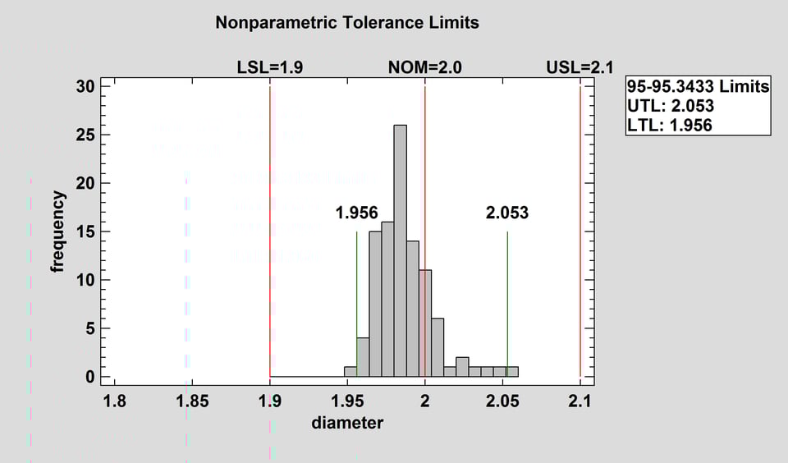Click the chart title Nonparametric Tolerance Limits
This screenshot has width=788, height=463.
tap(346, 22)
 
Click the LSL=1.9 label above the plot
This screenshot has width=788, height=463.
tap(270, 68)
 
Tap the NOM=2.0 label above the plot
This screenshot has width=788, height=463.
tap(424, 68)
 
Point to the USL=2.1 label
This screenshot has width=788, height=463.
tap(580, 68)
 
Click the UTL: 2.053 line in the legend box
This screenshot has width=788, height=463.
tap(670, 105)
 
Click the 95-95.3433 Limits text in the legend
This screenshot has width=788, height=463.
tap(698, 86)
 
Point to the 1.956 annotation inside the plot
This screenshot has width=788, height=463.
tap(356, 213)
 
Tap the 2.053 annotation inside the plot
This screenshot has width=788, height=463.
tap(507, 213)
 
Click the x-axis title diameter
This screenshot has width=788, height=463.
tap(347, 424)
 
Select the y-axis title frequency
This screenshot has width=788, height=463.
tap(58, 231)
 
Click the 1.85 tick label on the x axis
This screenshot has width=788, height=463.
tap(191, 401)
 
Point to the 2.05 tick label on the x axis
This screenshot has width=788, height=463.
tap(502, 401)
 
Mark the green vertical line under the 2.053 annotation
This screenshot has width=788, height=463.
tap(507, 304)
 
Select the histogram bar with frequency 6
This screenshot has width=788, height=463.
tap(438, 347)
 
